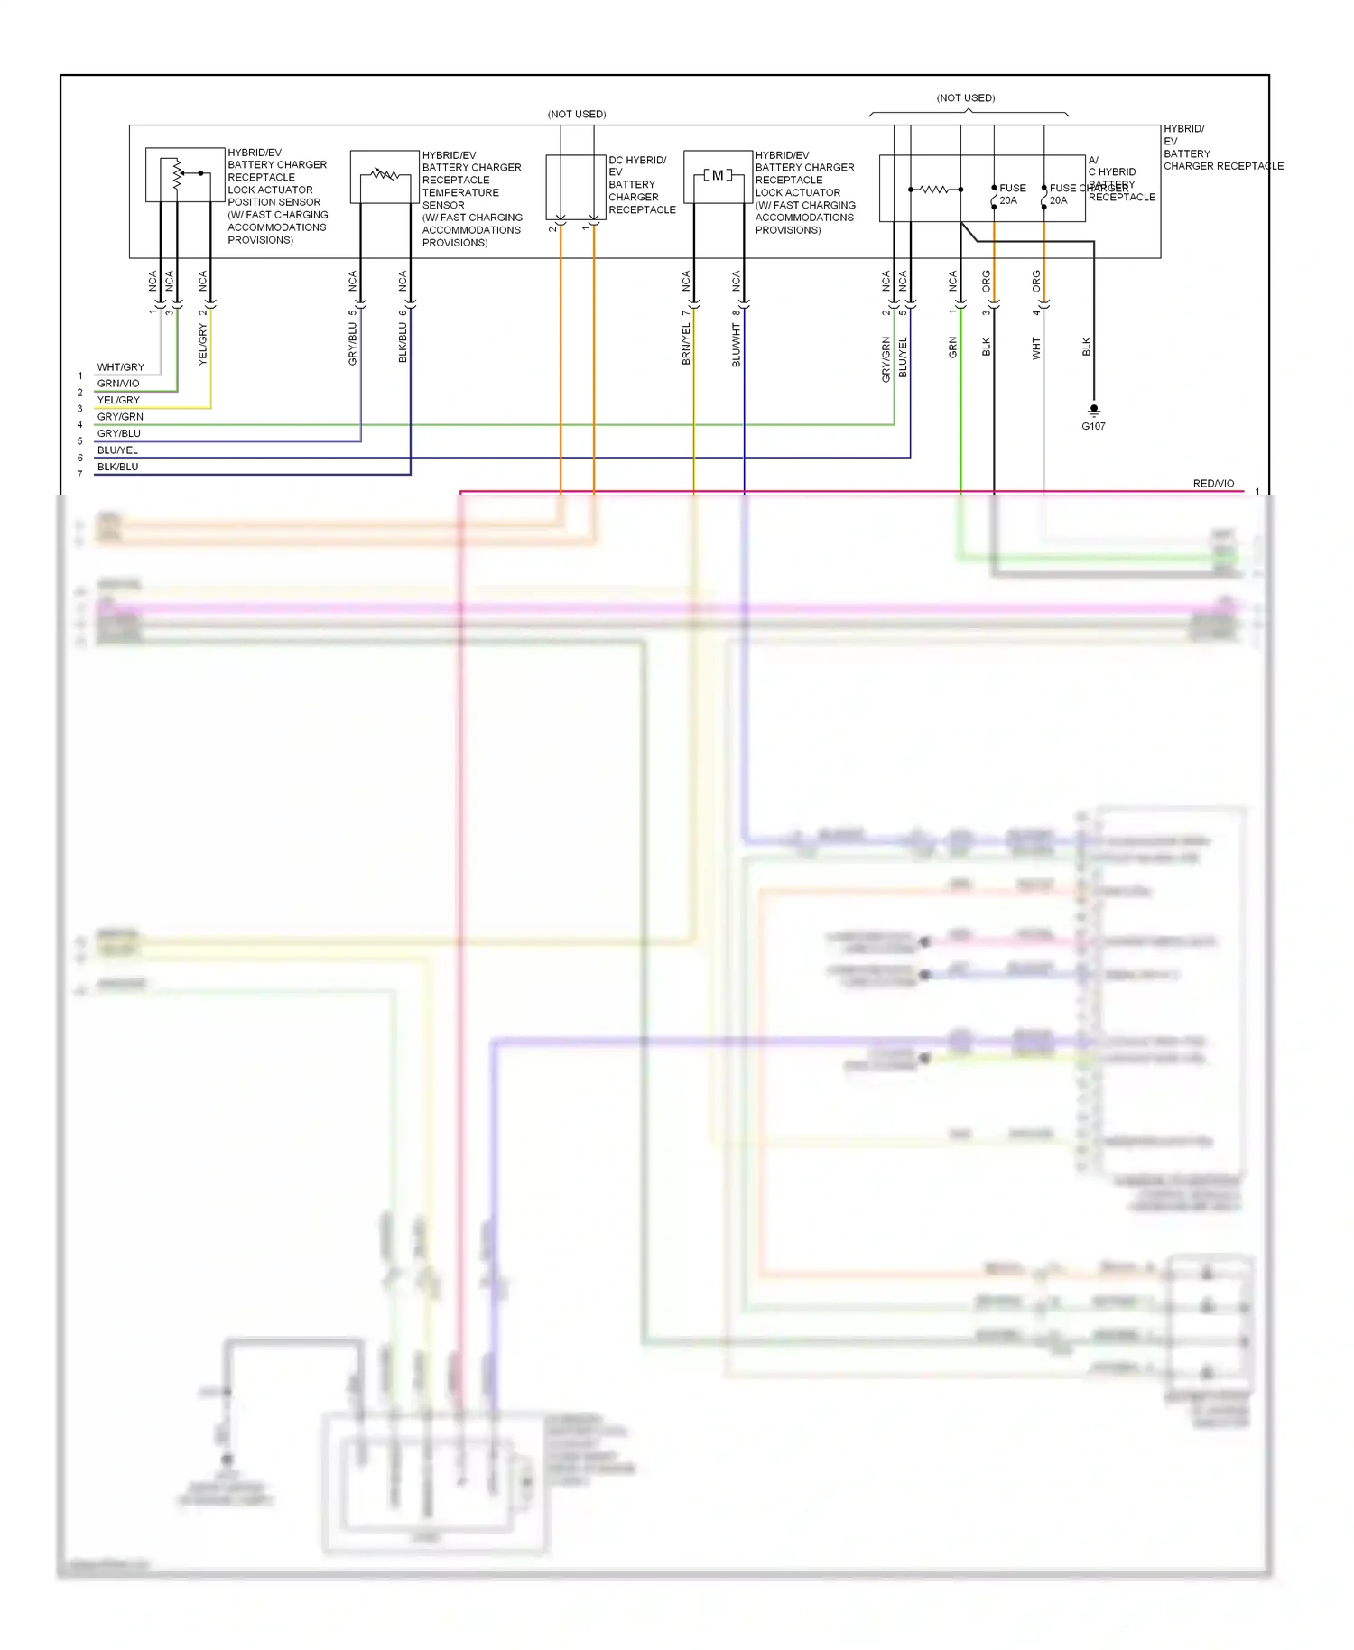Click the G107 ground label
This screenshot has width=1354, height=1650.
1093,426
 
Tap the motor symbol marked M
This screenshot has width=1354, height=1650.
718,175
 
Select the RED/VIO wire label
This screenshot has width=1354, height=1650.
1213,484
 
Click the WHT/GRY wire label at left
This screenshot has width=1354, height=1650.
121,367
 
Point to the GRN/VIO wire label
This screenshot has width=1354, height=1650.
118,384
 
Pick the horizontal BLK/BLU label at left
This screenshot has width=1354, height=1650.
118,467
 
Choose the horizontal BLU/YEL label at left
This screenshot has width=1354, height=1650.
118,450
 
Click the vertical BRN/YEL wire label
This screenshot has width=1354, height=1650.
686,344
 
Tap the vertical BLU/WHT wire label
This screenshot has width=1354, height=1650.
737,346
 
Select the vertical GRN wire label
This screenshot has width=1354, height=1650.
953,348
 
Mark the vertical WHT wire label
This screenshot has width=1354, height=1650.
1036,348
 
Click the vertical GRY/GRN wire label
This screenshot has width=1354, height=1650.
886,359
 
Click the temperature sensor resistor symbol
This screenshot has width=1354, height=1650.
385,174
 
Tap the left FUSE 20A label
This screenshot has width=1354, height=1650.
1012,194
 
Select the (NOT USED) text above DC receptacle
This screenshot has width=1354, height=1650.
577,115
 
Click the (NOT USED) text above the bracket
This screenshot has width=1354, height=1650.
966,98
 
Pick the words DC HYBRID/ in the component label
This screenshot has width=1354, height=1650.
637,160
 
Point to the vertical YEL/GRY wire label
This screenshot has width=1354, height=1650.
203,344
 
